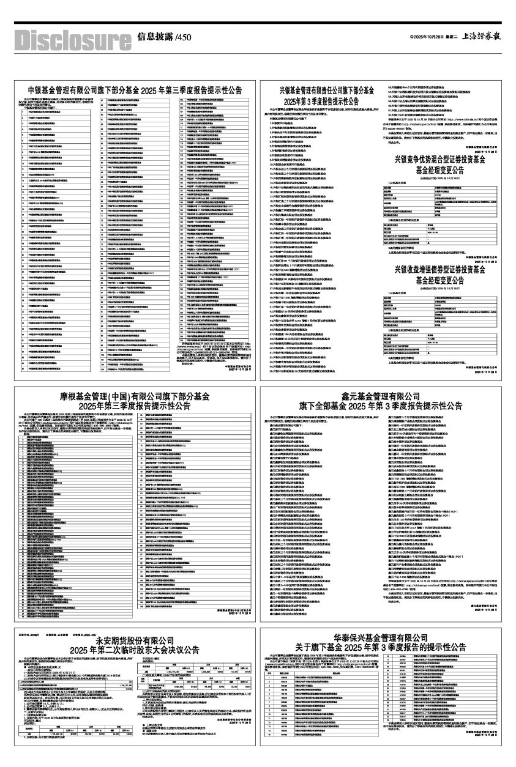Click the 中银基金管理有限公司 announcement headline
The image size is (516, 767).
[131, 91]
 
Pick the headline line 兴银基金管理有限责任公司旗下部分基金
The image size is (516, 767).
[326, 91]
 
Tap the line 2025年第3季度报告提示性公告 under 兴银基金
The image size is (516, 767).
[326, 100]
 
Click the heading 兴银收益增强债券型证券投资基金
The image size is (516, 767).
[440, 269]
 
